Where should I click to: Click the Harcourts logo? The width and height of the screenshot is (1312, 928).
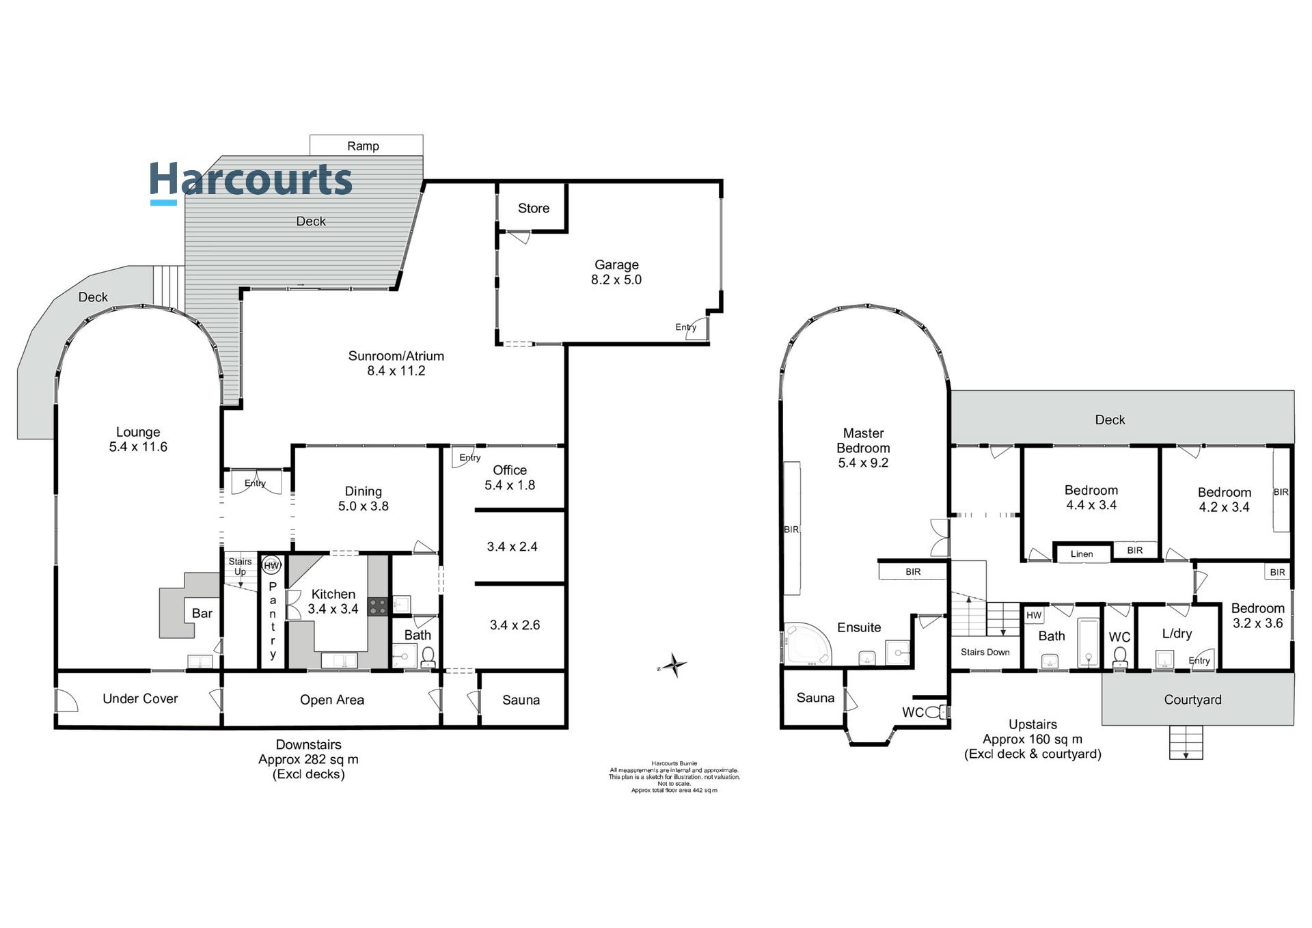pyautogui.click(x=250, y=181)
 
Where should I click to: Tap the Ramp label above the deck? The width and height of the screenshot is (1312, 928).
pyautogui.click(x=363, y=146)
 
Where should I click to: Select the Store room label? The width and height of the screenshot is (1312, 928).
pyautogui.click(x=533, y=208)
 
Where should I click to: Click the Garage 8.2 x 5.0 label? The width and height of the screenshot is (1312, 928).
pyautogui.click(x=616, y=272)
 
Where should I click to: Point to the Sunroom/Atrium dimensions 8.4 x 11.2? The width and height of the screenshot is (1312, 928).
pyautogui.click(x=396, y=371)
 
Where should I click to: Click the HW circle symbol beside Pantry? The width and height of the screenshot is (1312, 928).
pyautogui.click(x=272, y=566)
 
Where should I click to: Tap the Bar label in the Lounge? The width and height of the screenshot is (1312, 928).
pyautogui.click(x=202, y=613)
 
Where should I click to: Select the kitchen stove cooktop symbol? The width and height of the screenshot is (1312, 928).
pyautogui.click(x=377, y=607)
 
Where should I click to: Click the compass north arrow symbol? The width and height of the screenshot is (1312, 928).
pyautogui.click(x=674, y=665)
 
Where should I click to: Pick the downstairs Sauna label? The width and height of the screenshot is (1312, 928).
pyautogui.click(x=521, y=700)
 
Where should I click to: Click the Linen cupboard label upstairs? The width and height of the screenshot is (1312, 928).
pyautogui.click(x=1081, y=554)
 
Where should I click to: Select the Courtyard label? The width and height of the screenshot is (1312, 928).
pyautogui.click(x=1192, y=700)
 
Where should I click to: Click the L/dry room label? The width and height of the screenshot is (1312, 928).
pyautogui.click(x=1177, y=633)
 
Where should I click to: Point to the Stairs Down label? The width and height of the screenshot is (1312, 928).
pyautogui.click(x=985, y=652)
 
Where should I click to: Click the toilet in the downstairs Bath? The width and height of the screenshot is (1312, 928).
pyautogui.click(x=428, y=657)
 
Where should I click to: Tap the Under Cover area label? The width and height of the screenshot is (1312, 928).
pyautogui.click(x=140, y=698)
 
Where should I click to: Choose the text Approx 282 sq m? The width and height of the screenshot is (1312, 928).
pyautogui.click(x=308, y=759)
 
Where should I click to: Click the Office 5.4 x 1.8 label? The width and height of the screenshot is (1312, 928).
pyautogui.click(x=510, y=478)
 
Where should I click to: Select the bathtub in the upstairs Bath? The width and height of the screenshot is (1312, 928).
pyautogui.click(x=1088, y=642)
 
